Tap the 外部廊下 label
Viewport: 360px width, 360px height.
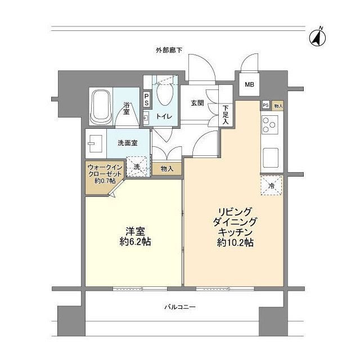(169, 51)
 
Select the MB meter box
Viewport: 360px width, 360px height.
(248, 85)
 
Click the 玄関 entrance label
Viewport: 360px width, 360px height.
(197, 103)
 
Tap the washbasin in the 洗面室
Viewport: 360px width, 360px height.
(93, 143)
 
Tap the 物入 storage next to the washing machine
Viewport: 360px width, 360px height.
(167, 168)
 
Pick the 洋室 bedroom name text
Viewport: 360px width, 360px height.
(133, 231)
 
